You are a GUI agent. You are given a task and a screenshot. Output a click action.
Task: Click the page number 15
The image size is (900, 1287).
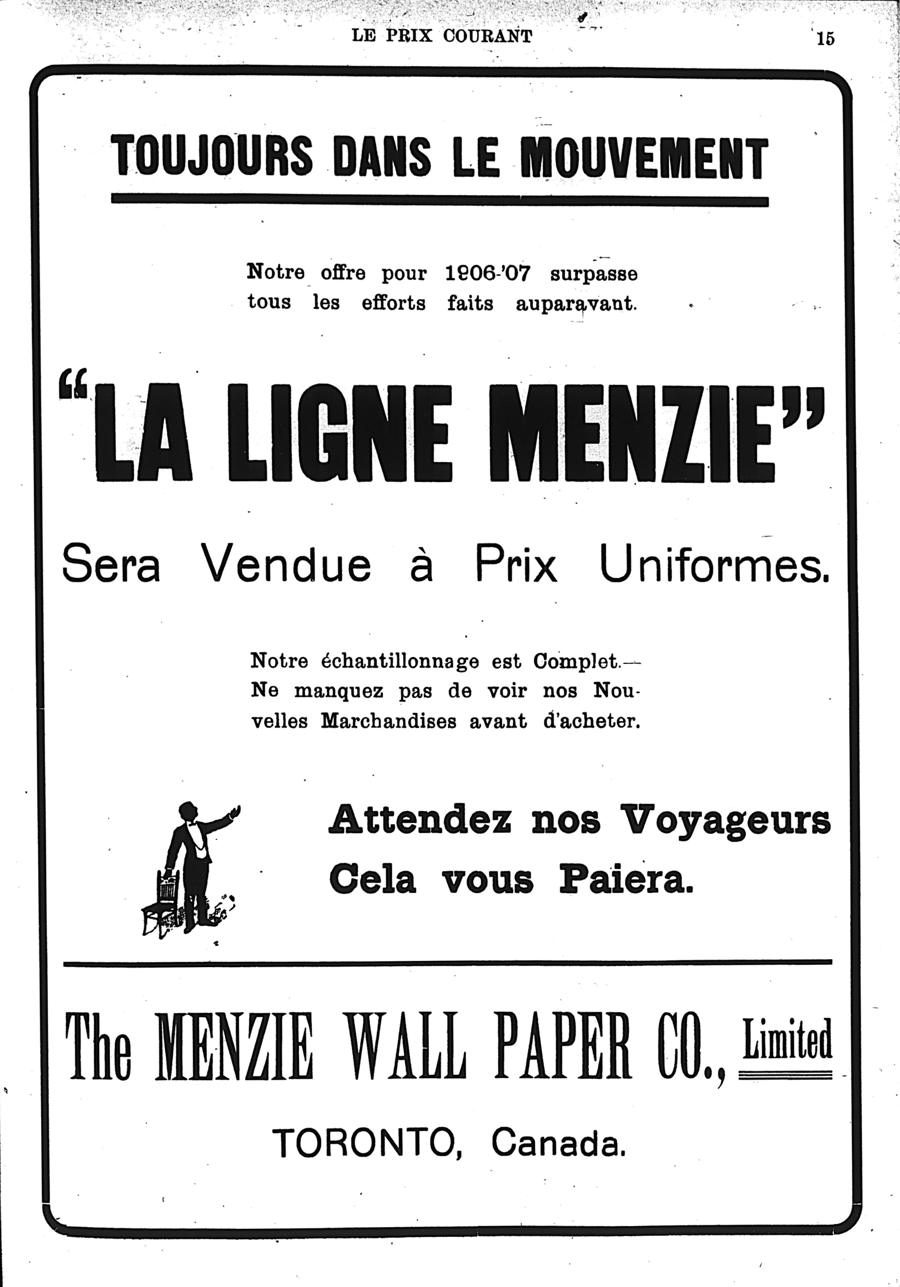(x=825, y=38)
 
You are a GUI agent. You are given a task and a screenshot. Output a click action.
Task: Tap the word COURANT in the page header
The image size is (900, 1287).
(x=487, y=36)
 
